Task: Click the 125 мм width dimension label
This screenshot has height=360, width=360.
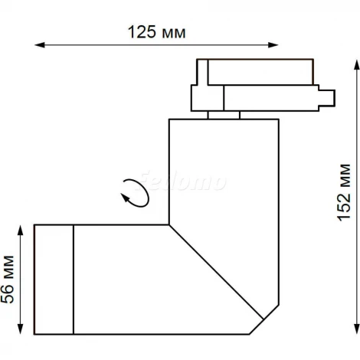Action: (x=159, y=32)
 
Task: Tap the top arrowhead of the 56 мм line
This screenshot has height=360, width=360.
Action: (x=24, y=227)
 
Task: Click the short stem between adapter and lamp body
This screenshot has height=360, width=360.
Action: (x=223, y=115)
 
